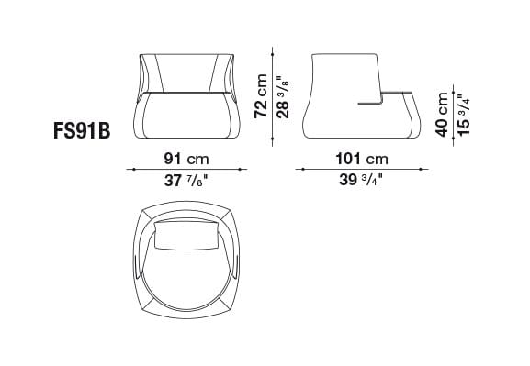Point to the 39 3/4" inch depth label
click(361, 180)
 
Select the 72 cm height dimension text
click(262, 93)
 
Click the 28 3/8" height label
click(283, 93)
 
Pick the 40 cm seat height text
click(442, 115)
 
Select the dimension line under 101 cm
click(362, 170)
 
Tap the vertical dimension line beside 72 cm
click(273, 93)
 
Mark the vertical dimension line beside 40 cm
click(452, 115)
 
